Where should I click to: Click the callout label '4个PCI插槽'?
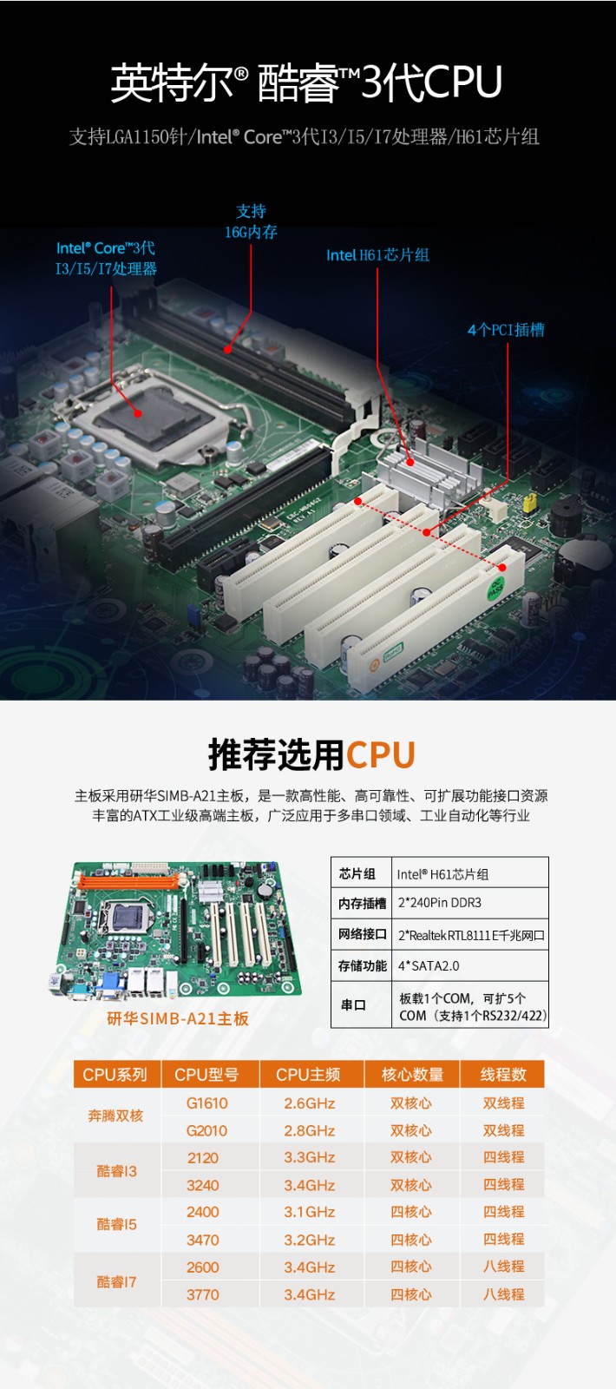click(506, 330)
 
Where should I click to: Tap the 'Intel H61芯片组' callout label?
click(377, 255)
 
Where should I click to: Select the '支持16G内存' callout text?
click(251, 221)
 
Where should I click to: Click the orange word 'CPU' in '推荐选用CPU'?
click(380, 755)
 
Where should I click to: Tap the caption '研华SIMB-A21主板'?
click(178, 1019)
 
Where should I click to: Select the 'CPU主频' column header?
click(308, 1075)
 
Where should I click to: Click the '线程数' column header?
click(503, 1075)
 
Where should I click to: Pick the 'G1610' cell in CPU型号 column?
click(206, 1103)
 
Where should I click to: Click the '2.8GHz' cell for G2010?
click(309, 1131)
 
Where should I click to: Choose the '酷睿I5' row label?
click(116, 1225)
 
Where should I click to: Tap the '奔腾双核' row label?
click(115, 1116)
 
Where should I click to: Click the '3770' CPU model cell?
click(202, 1294)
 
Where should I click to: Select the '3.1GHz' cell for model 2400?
click(309, 1212)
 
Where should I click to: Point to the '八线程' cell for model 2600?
click(503, 1267)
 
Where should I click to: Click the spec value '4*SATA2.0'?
click(429, 966)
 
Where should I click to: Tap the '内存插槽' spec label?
click(362, 904)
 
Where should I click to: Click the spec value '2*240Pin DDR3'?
click(439, 903)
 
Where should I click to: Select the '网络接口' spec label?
click(362, 935)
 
